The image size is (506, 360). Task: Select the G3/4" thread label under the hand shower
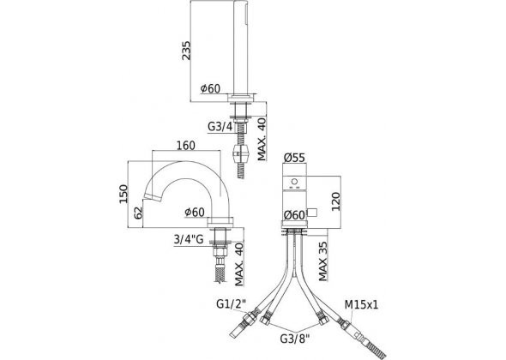pos(221,126)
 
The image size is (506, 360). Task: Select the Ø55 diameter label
pos(297,158)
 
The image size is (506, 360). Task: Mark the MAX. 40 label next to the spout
pos(240,262)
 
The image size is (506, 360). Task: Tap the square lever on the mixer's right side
pos(313,211)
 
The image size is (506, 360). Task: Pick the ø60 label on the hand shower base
pos(213,89)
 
